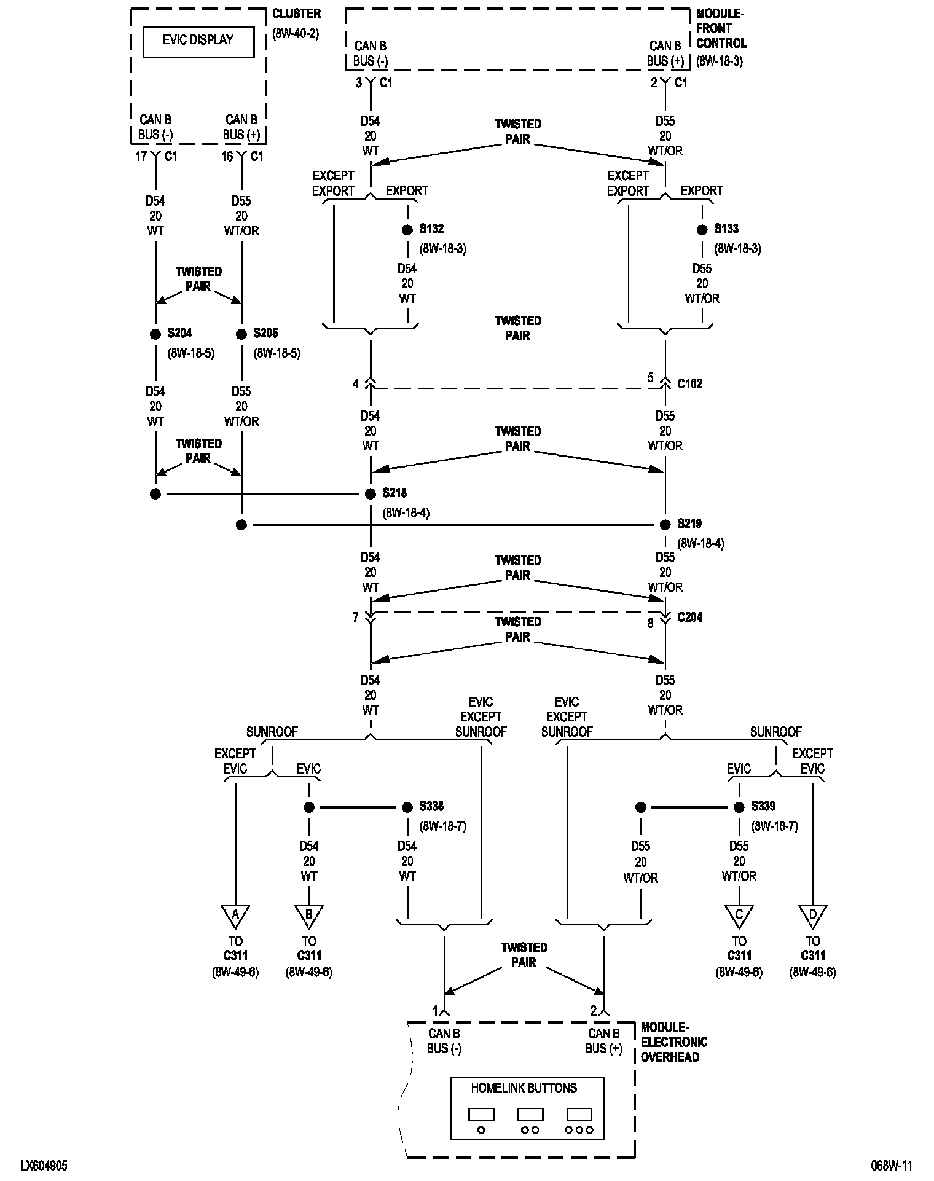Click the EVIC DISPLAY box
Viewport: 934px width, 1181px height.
click(198, 42)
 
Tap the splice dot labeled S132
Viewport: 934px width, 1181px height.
click(407, 230)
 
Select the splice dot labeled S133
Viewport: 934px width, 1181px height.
click(702, 230)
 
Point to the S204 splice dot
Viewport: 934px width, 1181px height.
click(155, 334)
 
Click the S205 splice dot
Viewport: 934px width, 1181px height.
click(241, 334)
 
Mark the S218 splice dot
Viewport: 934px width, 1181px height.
click(371, 494)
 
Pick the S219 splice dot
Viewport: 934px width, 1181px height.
click(665, 525)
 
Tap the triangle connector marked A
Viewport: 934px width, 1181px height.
click(235, 916)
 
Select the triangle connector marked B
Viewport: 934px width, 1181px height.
click(309, 916)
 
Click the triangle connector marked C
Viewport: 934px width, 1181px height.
click(739, 916)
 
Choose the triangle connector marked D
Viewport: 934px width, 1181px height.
click(812, 916)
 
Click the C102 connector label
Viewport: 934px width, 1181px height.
click(690, 384)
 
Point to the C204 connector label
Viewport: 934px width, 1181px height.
click(690, 618)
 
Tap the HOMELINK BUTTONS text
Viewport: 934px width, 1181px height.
click(524, 1088)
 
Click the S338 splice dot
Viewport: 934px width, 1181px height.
click(407, 807)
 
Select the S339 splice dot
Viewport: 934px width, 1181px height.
click(739, 807)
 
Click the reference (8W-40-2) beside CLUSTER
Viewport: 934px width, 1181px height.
click(296, 34)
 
